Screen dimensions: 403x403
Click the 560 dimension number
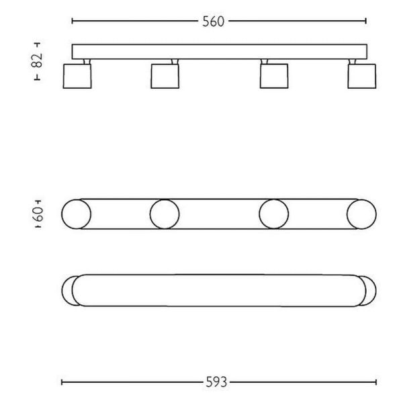pyautogui.click(x=213, y=21)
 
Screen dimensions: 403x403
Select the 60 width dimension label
pyautogui.click(x=38, y=215)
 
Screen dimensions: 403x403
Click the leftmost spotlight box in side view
pyautogui.click(x=75, y=76)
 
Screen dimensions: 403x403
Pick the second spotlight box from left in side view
pyautogui.click(x=164, y=76)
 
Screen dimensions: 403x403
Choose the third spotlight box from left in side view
pyautogui.click(x=273, y=76)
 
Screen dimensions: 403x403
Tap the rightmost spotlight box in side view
pyautogui.click(x=361, y=76)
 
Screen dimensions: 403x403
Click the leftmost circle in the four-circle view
pyautogui.click(x=75, y=215)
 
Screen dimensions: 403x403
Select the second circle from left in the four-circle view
pyautogui.click(x=165, y=215)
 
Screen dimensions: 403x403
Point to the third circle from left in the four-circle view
pyautogui.click(x=273, y=215)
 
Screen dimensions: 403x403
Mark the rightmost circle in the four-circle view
pyautogui.click(x=361, y=215)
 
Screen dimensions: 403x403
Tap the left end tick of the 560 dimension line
pyautogui.click(x=72, y=21)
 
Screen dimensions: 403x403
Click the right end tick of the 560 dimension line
pyautogui.click(x=367, y=21)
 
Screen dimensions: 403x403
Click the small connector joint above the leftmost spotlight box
pyautogui.click(x=85, y=62)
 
